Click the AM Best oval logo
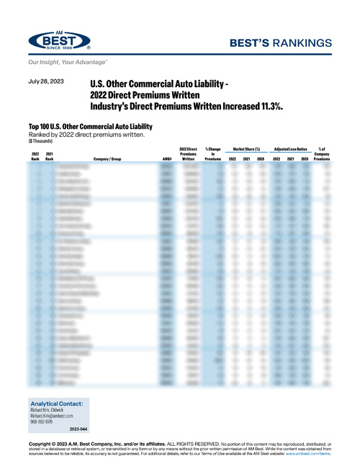click(x=59, y=42)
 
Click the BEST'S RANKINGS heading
click(x=286, y=42)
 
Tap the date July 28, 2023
click(x=47, y=83)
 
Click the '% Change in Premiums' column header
click(x=212, y=153)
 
